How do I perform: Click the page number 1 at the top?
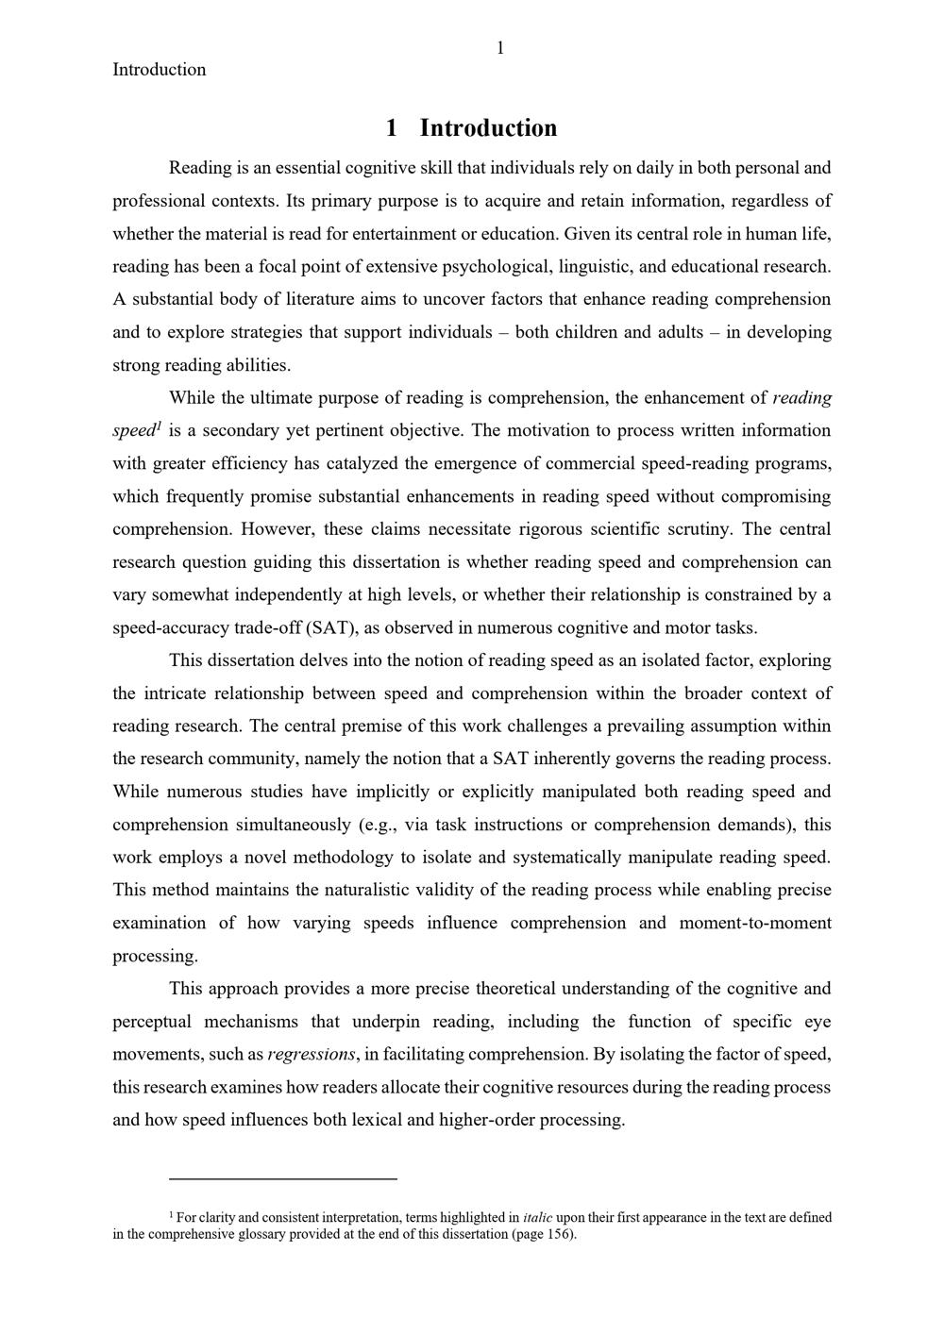(500, 48)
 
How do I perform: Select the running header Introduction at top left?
(159, 69)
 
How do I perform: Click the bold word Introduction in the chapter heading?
(488, 128)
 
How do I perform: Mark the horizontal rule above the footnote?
(283, 1178)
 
